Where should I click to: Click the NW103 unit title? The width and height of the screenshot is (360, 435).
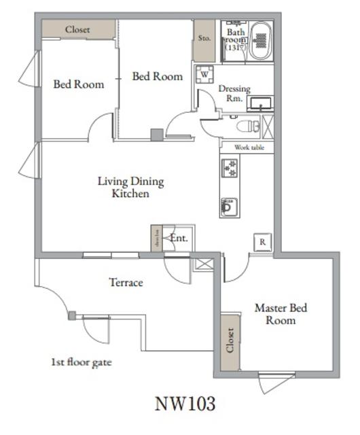(x=185, y=404)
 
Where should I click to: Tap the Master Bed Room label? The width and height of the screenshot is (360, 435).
(x=281, y=314)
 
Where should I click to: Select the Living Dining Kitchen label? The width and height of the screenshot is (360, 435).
(x=130, y=188)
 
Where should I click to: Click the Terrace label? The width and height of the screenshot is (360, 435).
(x=126, y=282)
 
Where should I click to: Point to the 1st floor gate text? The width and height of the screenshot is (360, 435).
(x=82, y=362)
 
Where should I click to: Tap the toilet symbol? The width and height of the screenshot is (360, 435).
(x=248, y=126)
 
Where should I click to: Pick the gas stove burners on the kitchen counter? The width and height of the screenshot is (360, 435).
(x=229, y=167)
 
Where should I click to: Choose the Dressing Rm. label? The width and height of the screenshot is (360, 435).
(x=234, y=93)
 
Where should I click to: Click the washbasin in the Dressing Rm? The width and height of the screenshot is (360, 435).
(x=259, y=103)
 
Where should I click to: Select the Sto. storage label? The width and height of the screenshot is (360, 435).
(x=204, y=39)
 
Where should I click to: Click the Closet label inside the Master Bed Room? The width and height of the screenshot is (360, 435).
(x=230, y=342)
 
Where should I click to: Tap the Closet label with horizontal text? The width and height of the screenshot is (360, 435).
(x=77, y=30)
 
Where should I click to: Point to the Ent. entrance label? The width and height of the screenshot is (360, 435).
(x=179, y=239)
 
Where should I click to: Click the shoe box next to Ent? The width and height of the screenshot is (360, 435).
(x=157, y=239)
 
